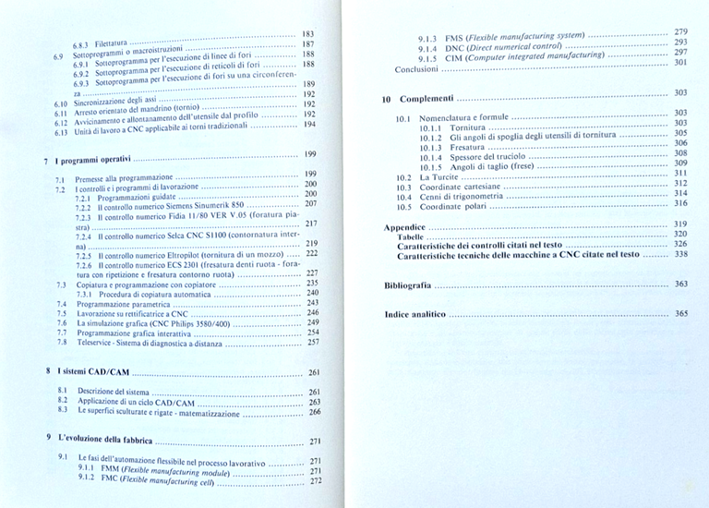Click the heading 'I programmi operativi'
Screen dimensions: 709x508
92,160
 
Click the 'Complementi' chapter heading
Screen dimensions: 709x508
427,98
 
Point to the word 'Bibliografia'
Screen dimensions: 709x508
407,285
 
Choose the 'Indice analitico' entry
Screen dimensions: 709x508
415,314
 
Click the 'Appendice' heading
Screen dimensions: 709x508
404,226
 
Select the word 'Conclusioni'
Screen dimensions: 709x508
416,69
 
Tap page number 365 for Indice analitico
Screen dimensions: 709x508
681,314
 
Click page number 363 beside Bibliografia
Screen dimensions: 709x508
681,284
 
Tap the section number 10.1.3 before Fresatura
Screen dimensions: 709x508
430,148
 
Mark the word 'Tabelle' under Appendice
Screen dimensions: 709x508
410,236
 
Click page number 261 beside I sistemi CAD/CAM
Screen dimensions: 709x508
314,372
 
